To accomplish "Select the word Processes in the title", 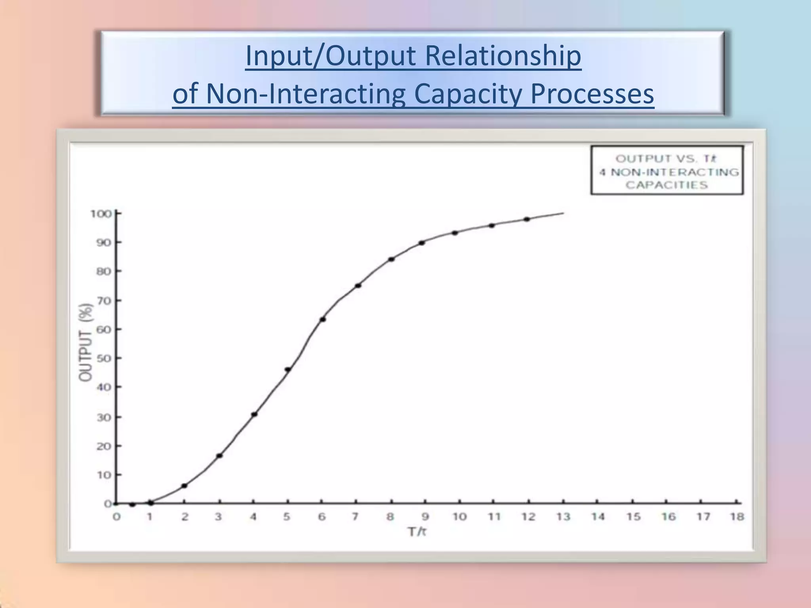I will [592, 94].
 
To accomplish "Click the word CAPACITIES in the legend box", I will [666, 185].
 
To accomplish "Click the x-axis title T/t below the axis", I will [417, 531].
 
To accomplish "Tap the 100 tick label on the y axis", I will [101, 214].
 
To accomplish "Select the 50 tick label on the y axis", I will [103, 358].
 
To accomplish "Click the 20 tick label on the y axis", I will [103, 446].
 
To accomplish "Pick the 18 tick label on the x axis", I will [737, 517].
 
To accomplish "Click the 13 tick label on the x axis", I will [563, 517].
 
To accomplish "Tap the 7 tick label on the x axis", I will [355, 517].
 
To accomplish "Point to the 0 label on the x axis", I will [116, 517].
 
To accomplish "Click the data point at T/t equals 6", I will [323, 319].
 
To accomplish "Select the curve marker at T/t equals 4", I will [254, 414].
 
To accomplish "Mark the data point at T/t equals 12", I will [527, 219].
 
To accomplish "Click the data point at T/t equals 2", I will [184, 486].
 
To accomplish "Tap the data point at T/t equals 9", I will [422, 243].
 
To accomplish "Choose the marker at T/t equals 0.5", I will [133, 504].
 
